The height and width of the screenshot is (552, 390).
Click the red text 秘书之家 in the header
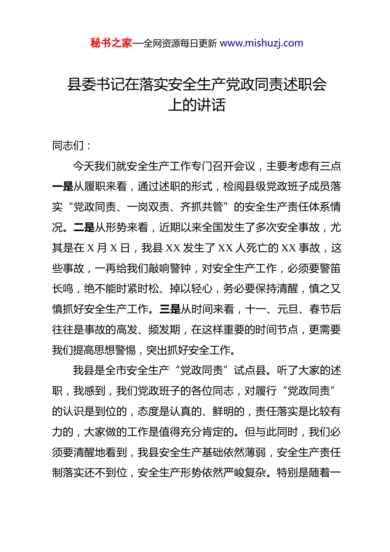[x=111, y=43]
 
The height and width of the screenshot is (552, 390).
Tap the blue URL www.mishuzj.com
[x=262, y=43]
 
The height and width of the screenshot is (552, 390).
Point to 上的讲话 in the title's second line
[x=197, y=105]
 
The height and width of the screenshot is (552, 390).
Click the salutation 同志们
[x=68, y=145]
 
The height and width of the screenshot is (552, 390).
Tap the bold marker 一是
[x=63, y=186]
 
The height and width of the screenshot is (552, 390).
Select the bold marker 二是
[x=84, y=228]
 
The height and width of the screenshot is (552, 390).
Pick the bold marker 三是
[x=170, y=309]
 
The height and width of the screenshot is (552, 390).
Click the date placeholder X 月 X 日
[x=108, y=248]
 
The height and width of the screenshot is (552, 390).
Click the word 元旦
[x=288, y=309]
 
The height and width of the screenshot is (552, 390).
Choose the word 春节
[x=320, y=309]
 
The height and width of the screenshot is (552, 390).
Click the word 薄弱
[x=255, y=453]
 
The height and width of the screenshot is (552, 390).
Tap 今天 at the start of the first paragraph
[x=84, y=166]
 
